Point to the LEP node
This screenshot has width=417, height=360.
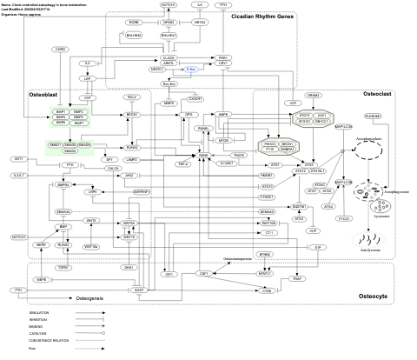[88, 78]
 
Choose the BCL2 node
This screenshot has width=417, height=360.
[133, 98]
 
